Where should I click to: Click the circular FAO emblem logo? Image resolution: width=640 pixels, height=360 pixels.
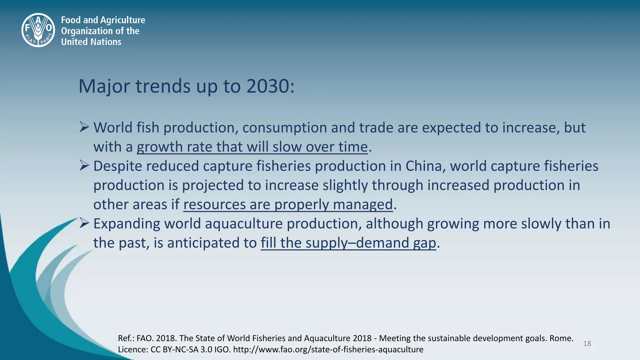pyautogui.click(x=38, y=30)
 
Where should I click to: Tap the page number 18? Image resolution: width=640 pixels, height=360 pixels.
pyautogui.click(x=587, y=344)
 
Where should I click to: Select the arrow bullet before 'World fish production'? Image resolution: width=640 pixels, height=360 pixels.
pyautogui.click(x=84, y=127)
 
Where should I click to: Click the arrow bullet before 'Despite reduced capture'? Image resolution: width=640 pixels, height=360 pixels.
pyautogui.click(x=84, y=166)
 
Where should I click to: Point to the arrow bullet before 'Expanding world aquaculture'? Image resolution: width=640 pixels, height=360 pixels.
pyautogui.click(x=84, y=223)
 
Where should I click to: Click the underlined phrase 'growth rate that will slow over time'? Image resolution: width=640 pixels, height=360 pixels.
pyautogui.click(x=252, y=147)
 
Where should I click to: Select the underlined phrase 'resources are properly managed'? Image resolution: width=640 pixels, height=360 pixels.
pyautogui.click(x=288, y=205)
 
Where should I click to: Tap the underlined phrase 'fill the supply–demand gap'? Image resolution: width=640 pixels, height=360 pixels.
pyautogui.click(x=348, y=243)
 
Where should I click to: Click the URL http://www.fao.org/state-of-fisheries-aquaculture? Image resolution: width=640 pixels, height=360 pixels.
pyautogui.click(x=328, y=349)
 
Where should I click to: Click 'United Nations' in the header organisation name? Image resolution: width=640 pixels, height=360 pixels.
pyautogui.click(x=91, y=42)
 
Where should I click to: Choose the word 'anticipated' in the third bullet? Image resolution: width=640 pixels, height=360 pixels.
pyautogui.click(x=203, y=243)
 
